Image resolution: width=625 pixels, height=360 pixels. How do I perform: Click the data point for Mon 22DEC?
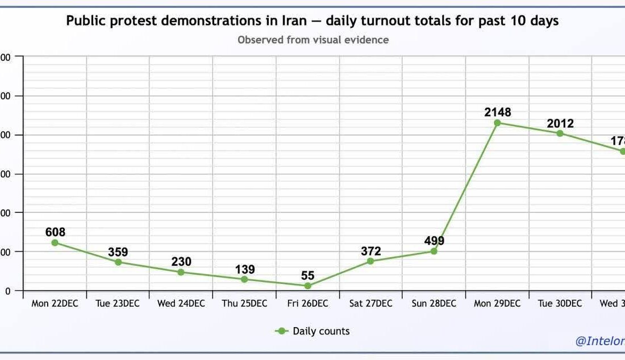tap(55, 242)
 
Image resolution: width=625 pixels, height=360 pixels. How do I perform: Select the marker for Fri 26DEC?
tap(308, 286)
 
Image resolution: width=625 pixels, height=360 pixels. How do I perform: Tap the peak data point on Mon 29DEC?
tap(497, 123)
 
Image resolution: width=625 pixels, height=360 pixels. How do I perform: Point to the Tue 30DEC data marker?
tap(560, 133)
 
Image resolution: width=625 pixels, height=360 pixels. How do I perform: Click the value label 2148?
tap(497, 112)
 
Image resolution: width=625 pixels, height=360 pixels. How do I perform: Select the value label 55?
tap(308, 276)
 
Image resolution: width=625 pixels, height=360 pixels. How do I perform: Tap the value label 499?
tap(434, 241)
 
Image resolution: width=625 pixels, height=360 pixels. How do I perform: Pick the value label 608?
tap(55, 232)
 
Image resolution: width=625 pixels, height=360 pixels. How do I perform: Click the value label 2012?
tap(560, 123)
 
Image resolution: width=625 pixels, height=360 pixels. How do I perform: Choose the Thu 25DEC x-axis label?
tap(244, 304)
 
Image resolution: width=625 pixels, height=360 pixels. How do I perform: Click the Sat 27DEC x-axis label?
tap(370, 304)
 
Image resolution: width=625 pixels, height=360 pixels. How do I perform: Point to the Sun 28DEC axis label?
tap(434, 304)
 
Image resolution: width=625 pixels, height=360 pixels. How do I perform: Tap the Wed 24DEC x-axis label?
tap(181, 304)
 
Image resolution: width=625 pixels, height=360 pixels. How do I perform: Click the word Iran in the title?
tap(294, 21)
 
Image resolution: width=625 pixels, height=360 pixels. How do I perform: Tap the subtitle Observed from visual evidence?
tap(312, 40)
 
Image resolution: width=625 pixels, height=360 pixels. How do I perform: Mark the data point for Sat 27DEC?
tap(370, 261)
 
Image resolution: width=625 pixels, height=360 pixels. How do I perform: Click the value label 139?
tap(244, 270)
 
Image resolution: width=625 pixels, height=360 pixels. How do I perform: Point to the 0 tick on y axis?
tap(7, 291)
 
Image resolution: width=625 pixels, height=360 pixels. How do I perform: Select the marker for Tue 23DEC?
tap(118, 262)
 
